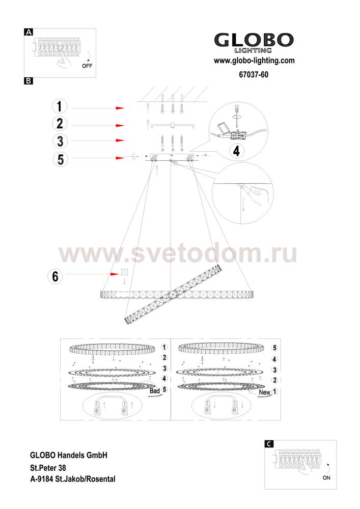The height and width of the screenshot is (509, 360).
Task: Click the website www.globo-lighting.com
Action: (254, 61)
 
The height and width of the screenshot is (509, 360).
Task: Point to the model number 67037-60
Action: (254, 75)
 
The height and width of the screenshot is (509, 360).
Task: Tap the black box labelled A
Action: (29, 32)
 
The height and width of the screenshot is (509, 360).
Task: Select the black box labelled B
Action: (29, 81)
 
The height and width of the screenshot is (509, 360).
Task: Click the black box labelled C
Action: (269, 444)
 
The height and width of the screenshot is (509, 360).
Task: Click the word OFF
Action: (87, 66)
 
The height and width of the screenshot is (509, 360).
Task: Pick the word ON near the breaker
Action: (326, 478)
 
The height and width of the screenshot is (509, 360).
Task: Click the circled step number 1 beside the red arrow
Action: (60, 106)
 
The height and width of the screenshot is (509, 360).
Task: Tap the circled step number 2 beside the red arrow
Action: (60, 124)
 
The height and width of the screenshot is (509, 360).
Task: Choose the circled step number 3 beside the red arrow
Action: (60, 141)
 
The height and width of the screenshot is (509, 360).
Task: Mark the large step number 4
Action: (236, 151)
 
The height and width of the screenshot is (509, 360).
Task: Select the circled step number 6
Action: (55, 276)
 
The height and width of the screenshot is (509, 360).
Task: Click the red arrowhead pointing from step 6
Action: (115, 274)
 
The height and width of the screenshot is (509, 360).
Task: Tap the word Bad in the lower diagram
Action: (154, 391)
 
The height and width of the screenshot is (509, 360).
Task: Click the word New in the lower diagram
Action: (264, 392)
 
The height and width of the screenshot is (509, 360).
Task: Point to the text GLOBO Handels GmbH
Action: (69, 455)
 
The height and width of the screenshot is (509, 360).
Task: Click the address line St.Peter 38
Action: (48, 468)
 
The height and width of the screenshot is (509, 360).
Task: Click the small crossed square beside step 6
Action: (124, 272)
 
